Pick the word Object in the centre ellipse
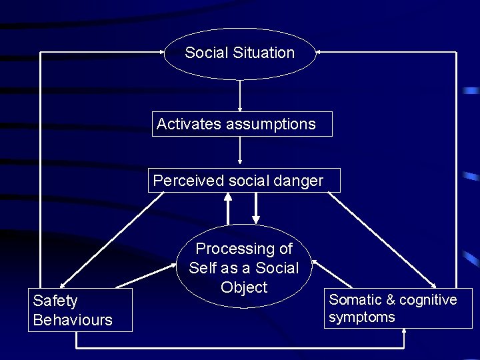point(244,287)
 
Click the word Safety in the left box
point(55,301)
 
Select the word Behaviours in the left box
point(73,320)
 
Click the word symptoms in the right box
point(362,317)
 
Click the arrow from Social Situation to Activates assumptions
point(240,95)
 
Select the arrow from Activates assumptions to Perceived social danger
point(240,151)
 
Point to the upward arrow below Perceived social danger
point(228,207)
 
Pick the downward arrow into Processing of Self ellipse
point(256,209)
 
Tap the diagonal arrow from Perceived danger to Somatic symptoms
point(383,239)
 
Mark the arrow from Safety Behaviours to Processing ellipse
point(147,279)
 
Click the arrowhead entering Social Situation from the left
point(163,51)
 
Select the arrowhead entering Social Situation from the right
point(318,51)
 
